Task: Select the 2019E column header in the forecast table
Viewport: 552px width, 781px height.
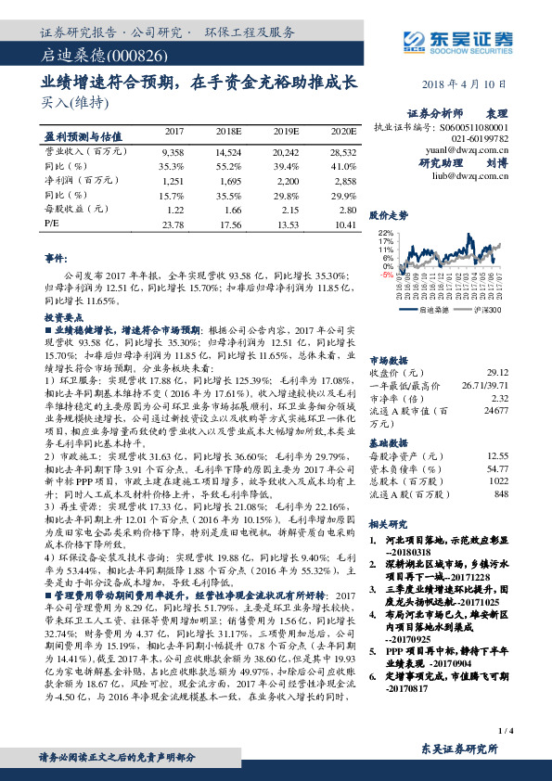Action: tap(285, 134)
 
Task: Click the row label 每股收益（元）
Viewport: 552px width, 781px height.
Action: tap(73, 210)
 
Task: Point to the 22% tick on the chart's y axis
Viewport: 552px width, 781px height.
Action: tap(386, 233)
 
